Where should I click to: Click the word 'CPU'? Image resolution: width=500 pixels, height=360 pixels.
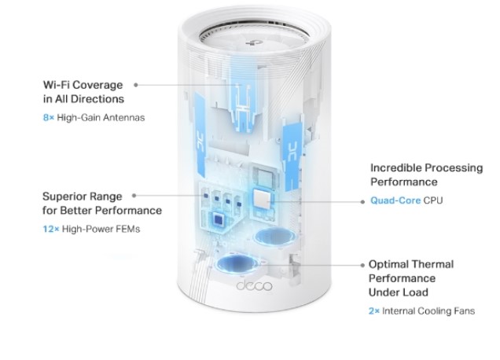(433, 200)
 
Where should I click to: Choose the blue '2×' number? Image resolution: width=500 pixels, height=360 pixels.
(373, 311)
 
